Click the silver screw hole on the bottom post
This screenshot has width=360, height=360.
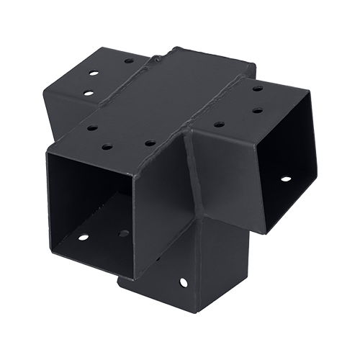[x=181, y=282]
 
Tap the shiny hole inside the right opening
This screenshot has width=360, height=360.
[x=285, y=178]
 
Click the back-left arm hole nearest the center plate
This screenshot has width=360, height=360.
[x=128, y=61]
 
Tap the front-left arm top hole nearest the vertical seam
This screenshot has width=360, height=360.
[x=149, y=143]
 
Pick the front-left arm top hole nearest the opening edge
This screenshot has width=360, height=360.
[x=92, y=127]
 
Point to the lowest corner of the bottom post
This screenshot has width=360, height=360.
[x=193, y=312]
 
